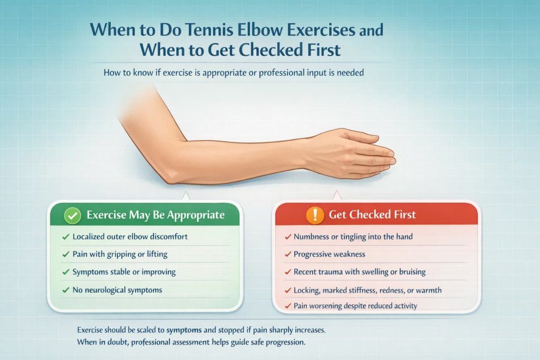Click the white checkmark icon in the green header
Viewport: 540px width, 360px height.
point(72,215)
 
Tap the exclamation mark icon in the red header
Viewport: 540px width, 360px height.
point(315,215)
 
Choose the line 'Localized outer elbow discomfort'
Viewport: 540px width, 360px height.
point(130,237)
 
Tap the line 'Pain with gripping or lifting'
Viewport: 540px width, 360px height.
point(120,254)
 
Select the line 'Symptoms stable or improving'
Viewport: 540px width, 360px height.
point(124,272)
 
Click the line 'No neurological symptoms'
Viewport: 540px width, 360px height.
point(117,290)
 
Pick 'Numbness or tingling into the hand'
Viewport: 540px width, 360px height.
point(353,237)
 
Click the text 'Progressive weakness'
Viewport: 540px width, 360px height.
point(329,254)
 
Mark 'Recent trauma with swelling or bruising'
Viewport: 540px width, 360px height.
point(360,272)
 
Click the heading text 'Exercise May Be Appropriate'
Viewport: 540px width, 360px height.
point(155,215)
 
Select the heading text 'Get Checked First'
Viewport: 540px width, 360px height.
point(372,215)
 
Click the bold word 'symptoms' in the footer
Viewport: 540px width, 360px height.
point(185,330)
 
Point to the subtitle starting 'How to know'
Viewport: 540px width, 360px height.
point(234,72)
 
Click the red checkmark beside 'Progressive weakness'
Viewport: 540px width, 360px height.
point(288,254)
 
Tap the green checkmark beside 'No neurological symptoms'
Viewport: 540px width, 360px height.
point(65,290)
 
